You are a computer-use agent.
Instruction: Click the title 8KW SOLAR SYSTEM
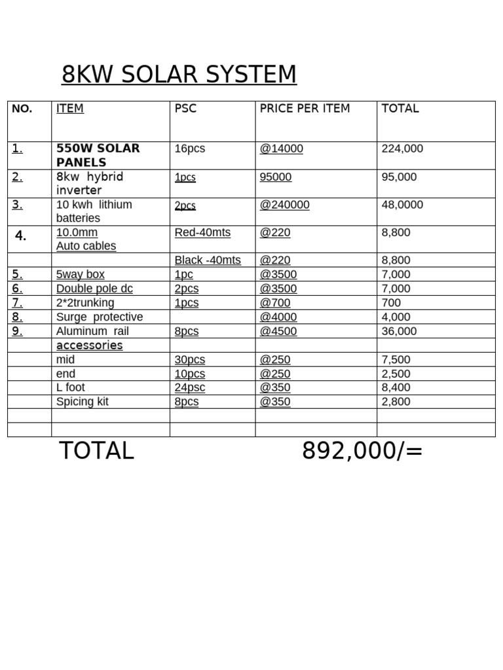click(x=179, y=75)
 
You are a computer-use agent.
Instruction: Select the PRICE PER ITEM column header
click(x=305, y=109)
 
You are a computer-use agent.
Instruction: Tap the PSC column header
click(x=186, y=109)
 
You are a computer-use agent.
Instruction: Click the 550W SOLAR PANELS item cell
click(x=98, y=155)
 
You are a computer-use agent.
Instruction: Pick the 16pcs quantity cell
click(x=190, y=149)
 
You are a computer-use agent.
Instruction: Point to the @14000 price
click(x=282, y=149)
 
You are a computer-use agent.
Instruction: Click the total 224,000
click(x=402, y=149)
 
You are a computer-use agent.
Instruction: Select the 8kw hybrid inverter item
click(x=90, y=183)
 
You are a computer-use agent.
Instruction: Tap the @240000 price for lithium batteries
click(x=285, y=205)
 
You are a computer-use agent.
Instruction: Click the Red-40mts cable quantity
click(x=202, y=232)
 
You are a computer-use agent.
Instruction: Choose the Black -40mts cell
click(x=208, y=260)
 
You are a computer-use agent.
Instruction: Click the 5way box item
click(x=81, y=274)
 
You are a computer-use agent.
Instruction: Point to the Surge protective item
click(x=100, y=317)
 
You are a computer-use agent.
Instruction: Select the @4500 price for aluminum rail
click(x=278, y=331)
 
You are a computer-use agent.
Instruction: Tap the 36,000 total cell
click(x=399, y=331)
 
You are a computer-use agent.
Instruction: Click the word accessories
click(x=90, y=345)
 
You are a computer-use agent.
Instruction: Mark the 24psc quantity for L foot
click(x=190, y=387)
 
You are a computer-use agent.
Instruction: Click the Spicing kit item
click(x=83, y=402)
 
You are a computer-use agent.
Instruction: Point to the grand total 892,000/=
click(x=362, y=451)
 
